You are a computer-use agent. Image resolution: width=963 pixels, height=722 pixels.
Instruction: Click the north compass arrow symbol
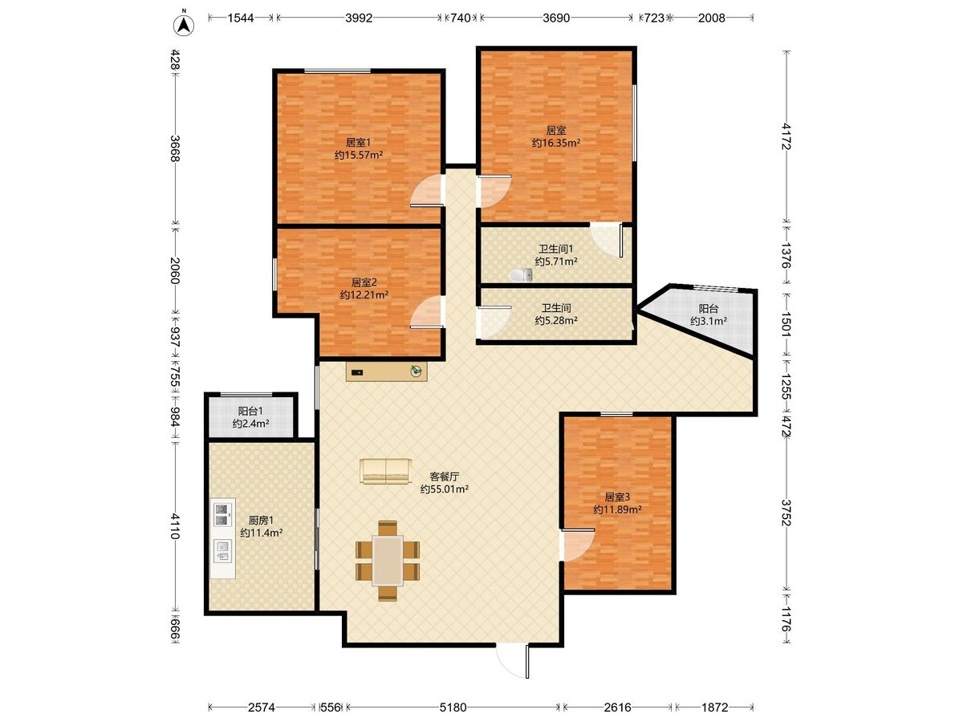point(184,25)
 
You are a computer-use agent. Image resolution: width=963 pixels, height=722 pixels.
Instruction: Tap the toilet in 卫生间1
point(521,275)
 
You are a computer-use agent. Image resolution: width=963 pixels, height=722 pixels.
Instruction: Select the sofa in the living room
point(386,471)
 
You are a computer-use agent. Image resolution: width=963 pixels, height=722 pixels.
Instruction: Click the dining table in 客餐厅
point(388,561)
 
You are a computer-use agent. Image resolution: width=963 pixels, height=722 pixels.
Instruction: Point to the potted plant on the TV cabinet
point(416,371)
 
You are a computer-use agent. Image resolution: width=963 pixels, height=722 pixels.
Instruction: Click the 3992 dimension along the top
point(359,18)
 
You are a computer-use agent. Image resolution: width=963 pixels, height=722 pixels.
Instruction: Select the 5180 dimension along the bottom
point(453,707)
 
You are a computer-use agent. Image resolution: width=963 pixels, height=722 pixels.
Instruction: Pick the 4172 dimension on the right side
point(786,136)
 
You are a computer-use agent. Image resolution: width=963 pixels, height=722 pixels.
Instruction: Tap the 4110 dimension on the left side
point(175,526)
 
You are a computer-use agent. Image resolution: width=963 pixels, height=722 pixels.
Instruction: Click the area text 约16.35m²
point(556,143)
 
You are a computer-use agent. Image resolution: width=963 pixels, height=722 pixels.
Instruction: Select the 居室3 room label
point(617,497)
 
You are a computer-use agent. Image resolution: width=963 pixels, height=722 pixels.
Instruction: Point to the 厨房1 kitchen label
point(261,520)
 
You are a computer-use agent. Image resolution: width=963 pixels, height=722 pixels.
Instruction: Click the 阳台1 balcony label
point(250,411)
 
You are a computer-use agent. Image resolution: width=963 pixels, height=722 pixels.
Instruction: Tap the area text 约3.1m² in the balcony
point(709,321)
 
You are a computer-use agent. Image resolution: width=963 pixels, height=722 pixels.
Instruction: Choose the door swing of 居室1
point(426,190)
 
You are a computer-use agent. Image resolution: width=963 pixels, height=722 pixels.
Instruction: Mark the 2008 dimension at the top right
point(712,18)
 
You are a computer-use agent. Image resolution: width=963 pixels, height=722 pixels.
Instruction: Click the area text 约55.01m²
point(445,489)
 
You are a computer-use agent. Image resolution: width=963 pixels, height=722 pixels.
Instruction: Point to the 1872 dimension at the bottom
point(714,707)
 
